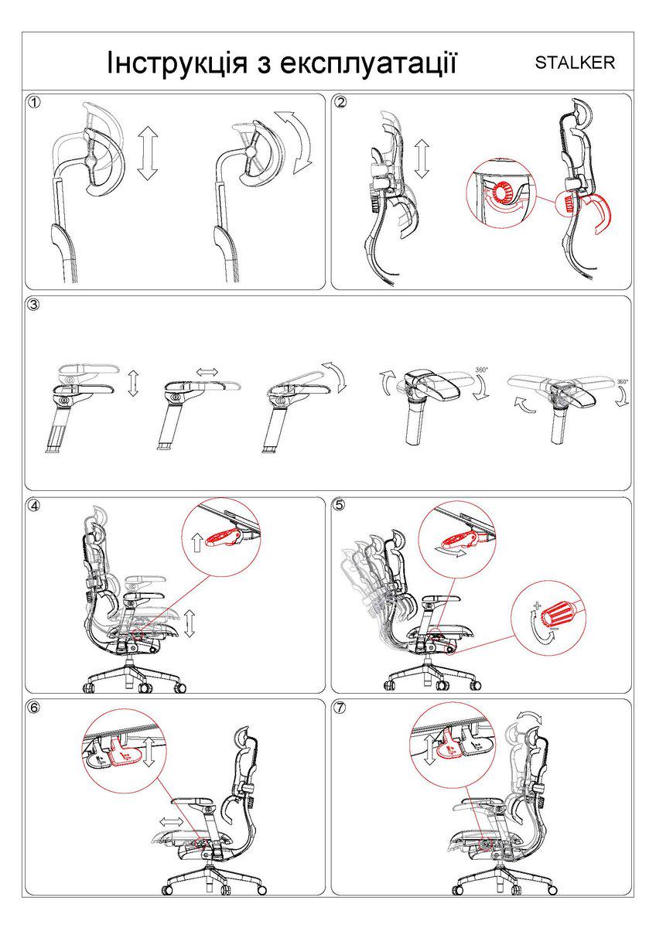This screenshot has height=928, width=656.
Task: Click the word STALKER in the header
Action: click(x=575, y=63)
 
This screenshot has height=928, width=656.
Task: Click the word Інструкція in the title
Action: click(x=176, y=63)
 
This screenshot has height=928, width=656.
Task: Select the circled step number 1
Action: click(x=33, y=102)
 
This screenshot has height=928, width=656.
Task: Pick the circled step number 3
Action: click(x=33, y=305)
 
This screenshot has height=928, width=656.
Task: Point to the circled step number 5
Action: click(x=340, y=505)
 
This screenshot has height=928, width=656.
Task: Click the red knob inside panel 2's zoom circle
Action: click(x=503, y=193)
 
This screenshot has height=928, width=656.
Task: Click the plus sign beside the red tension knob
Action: click(x=538, y=606)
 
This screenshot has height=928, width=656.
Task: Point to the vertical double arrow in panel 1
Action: click(x=148, y=153)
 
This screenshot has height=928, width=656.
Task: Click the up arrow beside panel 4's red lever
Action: click(x=197, y=542)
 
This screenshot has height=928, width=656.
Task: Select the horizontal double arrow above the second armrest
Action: click(x=207, y=372)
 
